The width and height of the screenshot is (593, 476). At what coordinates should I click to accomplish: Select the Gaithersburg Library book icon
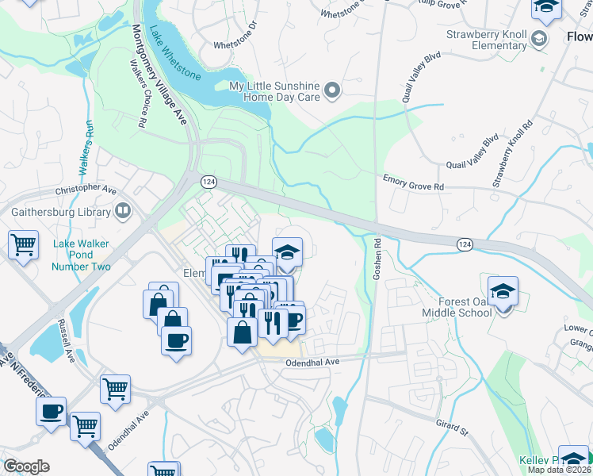pyautogui.click(x=123, y=211)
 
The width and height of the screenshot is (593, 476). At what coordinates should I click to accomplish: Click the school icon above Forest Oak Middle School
pyautogui.click(x=503, y=290)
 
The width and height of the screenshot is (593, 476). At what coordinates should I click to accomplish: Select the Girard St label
pyautogui.click(x=451, y=427)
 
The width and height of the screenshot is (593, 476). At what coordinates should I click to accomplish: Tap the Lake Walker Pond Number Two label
pyautogui.click(x=81, y=255)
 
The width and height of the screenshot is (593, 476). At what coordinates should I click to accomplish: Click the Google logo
pyautogui.click(x=26, y=466)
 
